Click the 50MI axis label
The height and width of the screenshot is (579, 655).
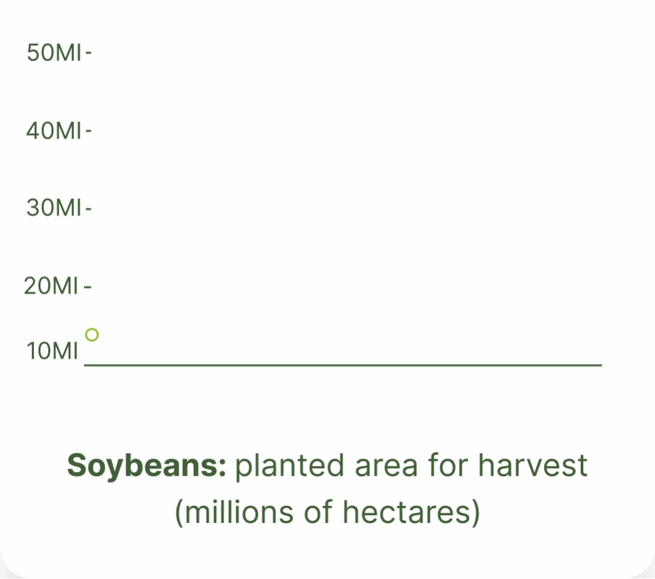tap(54, 53)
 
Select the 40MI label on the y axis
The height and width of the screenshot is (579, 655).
tap(53, 130)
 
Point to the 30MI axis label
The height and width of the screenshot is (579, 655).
tap(54, 207)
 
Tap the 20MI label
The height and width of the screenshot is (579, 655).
tap(51, 286)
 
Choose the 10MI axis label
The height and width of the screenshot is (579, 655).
tap(52, 351)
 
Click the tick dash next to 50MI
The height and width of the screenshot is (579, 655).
tap(89, 53)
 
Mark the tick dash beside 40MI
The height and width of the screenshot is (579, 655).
tap(89, 131)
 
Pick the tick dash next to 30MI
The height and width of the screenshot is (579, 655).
tap(89, 208)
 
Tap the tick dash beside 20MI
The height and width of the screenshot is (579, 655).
tap(87, 286)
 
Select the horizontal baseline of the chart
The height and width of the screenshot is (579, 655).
tap(343, 365)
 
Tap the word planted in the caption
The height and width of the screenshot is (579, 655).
tap(290, 466)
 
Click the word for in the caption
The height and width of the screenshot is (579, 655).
tap(448, 465)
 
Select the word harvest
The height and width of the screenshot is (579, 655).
tap(532, 465)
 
